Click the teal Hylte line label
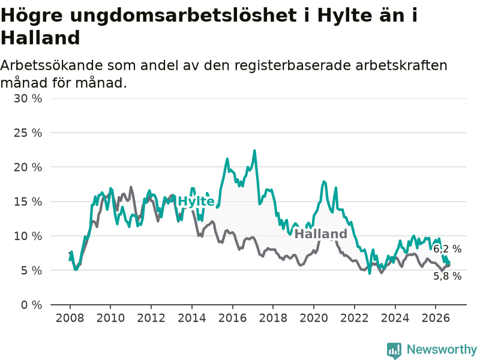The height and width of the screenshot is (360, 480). pyautogui.click(x=196, y=202)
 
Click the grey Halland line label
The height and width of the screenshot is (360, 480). pyautogui.click(x=321, y=234)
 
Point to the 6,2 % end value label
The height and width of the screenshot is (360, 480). pyautogui.click(x=447, y=249)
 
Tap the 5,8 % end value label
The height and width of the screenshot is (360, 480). pyautogui.click(x=447, y=276)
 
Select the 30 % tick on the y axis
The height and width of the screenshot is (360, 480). pyautogui.click(x=28, y=98)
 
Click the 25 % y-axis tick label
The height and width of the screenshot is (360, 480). pyautogui.click(x=28, y=133)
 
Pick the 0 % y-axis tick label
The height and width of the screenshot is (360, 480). pyautogui.click(x=32, y=305)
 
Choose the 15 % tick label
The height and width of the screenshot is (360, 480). pyautogui.click(x=28, y=202)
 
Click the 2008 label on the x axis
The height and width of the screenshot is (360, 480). pyautogui.click(x=70, y=318)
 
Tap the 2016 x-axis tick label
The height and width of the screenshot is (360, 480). pyautogui.click(x=232, y=318)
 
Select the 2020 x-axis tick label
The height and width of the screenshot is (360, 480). pyautogui.click(x=314, y=318)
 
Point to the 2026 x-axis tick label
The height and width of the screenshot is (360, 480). pyautogui.click(x=436, y=318)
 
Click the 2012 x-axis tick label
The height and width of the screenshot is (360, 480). pyautogui.click(x=151, y=318)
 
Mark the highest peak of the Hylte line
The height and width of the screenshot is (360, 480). pyautogui.click(x=254, y=151)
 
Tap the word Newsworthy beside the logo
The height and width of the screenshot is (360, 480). pyautogui.click(x=442, y=349)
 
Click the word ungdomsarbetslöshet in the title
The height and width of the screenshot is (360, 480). pyautogui.click(x=184, y=16)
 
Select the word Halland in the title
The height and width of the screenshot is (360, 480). pyautogui.click(x=40, y=38)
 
